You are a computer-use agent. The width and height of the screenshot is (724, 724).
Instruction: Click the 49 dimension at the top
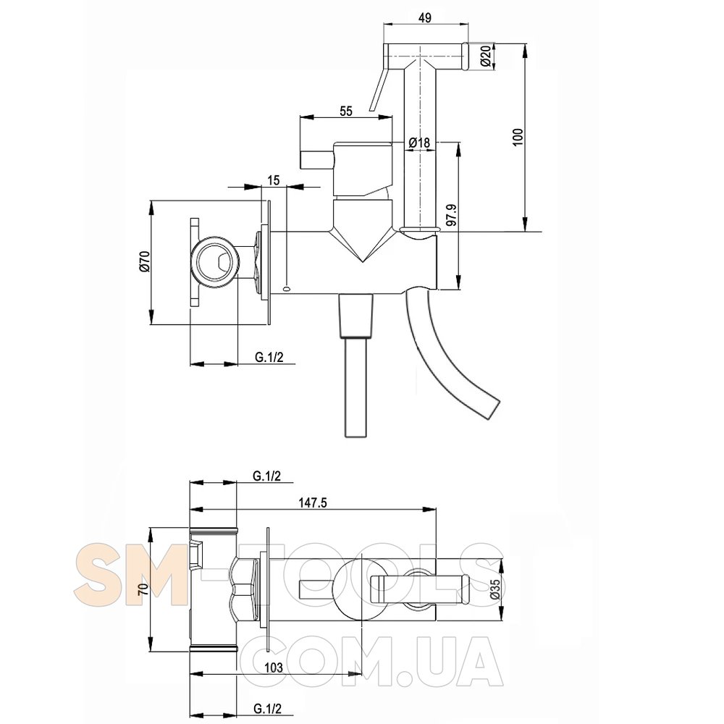pyautogui.click(x=425, y=17)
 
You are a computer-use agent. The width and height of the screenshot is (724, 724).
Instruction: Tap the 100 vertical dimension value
pyautogui.click(x=518, y=137)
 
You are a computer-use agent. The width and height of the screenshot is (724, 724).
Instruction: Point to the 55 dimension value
pyautogui.click(x=346, y=111)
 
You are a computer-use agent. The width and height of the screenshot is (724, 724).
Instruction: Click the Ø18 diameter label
pyautogui.click(x=419, y=143)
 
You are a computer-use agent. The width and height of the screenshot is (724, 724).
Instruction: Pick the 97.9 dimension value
pyautogui.click(x=452, y=215)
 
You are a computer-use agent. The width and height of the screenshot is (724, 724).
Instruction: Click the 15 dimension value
pyautogui.click(x=274, y=180)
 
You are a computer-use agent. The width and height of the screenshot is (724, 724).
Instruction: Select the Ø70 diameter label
pyautogui.click(x=144, y=261)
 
